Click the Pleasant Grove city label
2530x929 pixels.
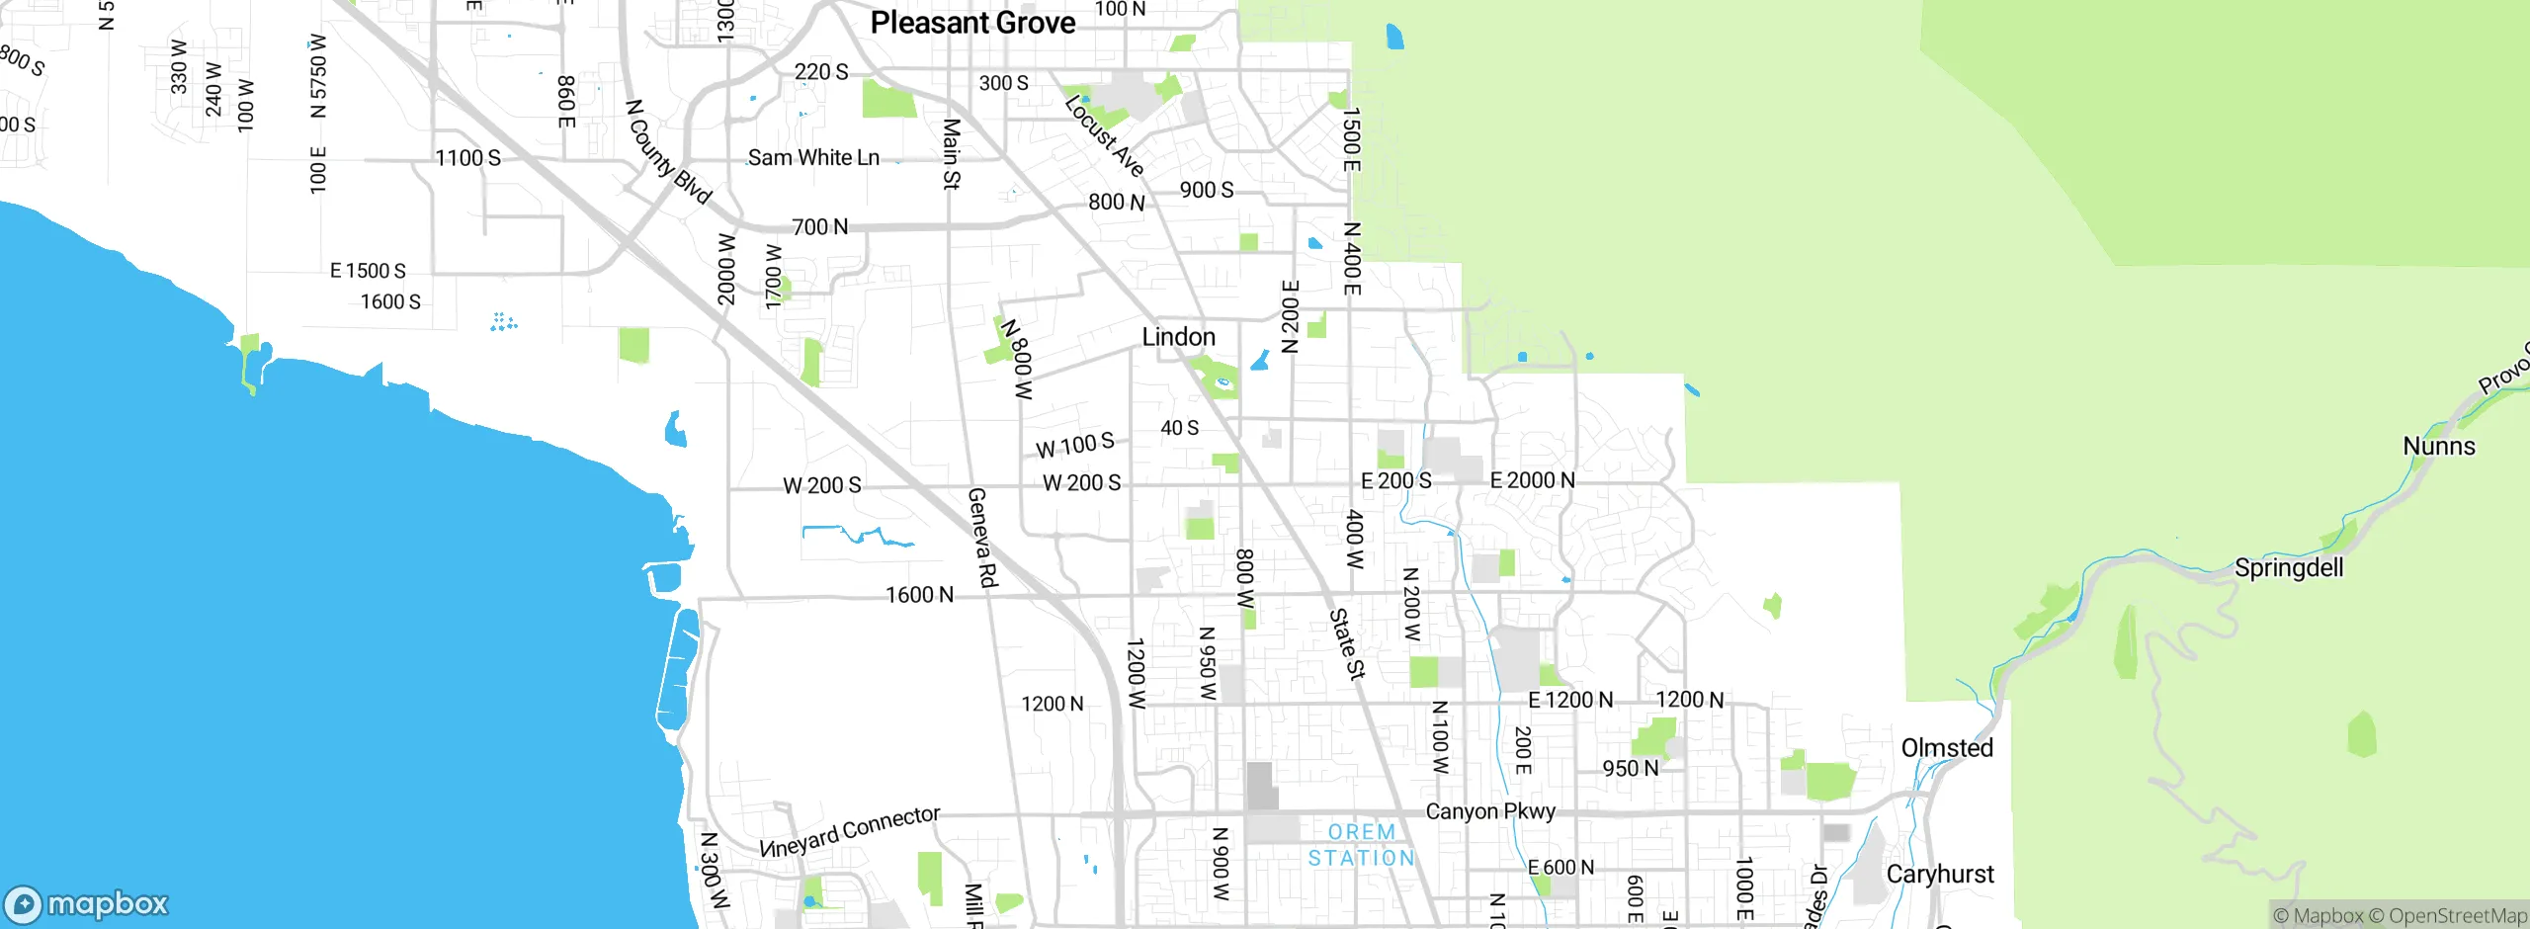click(x=972, y=23)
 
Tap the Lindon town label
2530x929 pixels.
click(x=1178, y=337)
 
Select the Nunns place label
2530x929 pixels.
click(x=2439, y=447)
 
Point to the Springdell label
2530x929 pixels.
click(x=2289, y=568)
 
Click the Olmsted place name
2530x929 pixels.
click(x=1947, y=748)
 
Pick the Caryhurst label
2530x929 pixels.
click(x=1940, y=875)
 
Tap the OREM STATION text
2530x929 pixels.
click(x=1362, y=845)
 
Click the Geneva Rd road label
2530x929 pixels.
click(x=981, y=538)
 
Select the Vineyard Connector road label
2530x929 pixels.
click(x=849, y=831)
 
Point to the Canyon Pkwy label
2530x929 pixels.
click(x=1490, y=811)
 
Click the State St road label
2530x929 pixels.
click(x=1346, y=643)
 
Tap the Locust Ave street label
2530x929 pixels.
click(x=1105, y=136)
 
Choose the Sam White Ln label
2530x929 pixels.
click(x=813, y=158)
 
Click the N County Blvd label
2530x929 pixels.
click(x=668, y=151)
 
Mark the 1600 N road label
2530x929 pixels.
click(x=919, y=595)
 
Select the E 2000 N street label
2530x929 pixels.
click(x=1532, y=480)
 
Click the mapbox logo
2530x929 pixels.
click(x=87, y=903)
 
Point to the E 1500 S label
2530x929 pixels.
click(x=368, y=271)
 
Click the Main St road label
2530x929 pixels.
click(x=951, y=154)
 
